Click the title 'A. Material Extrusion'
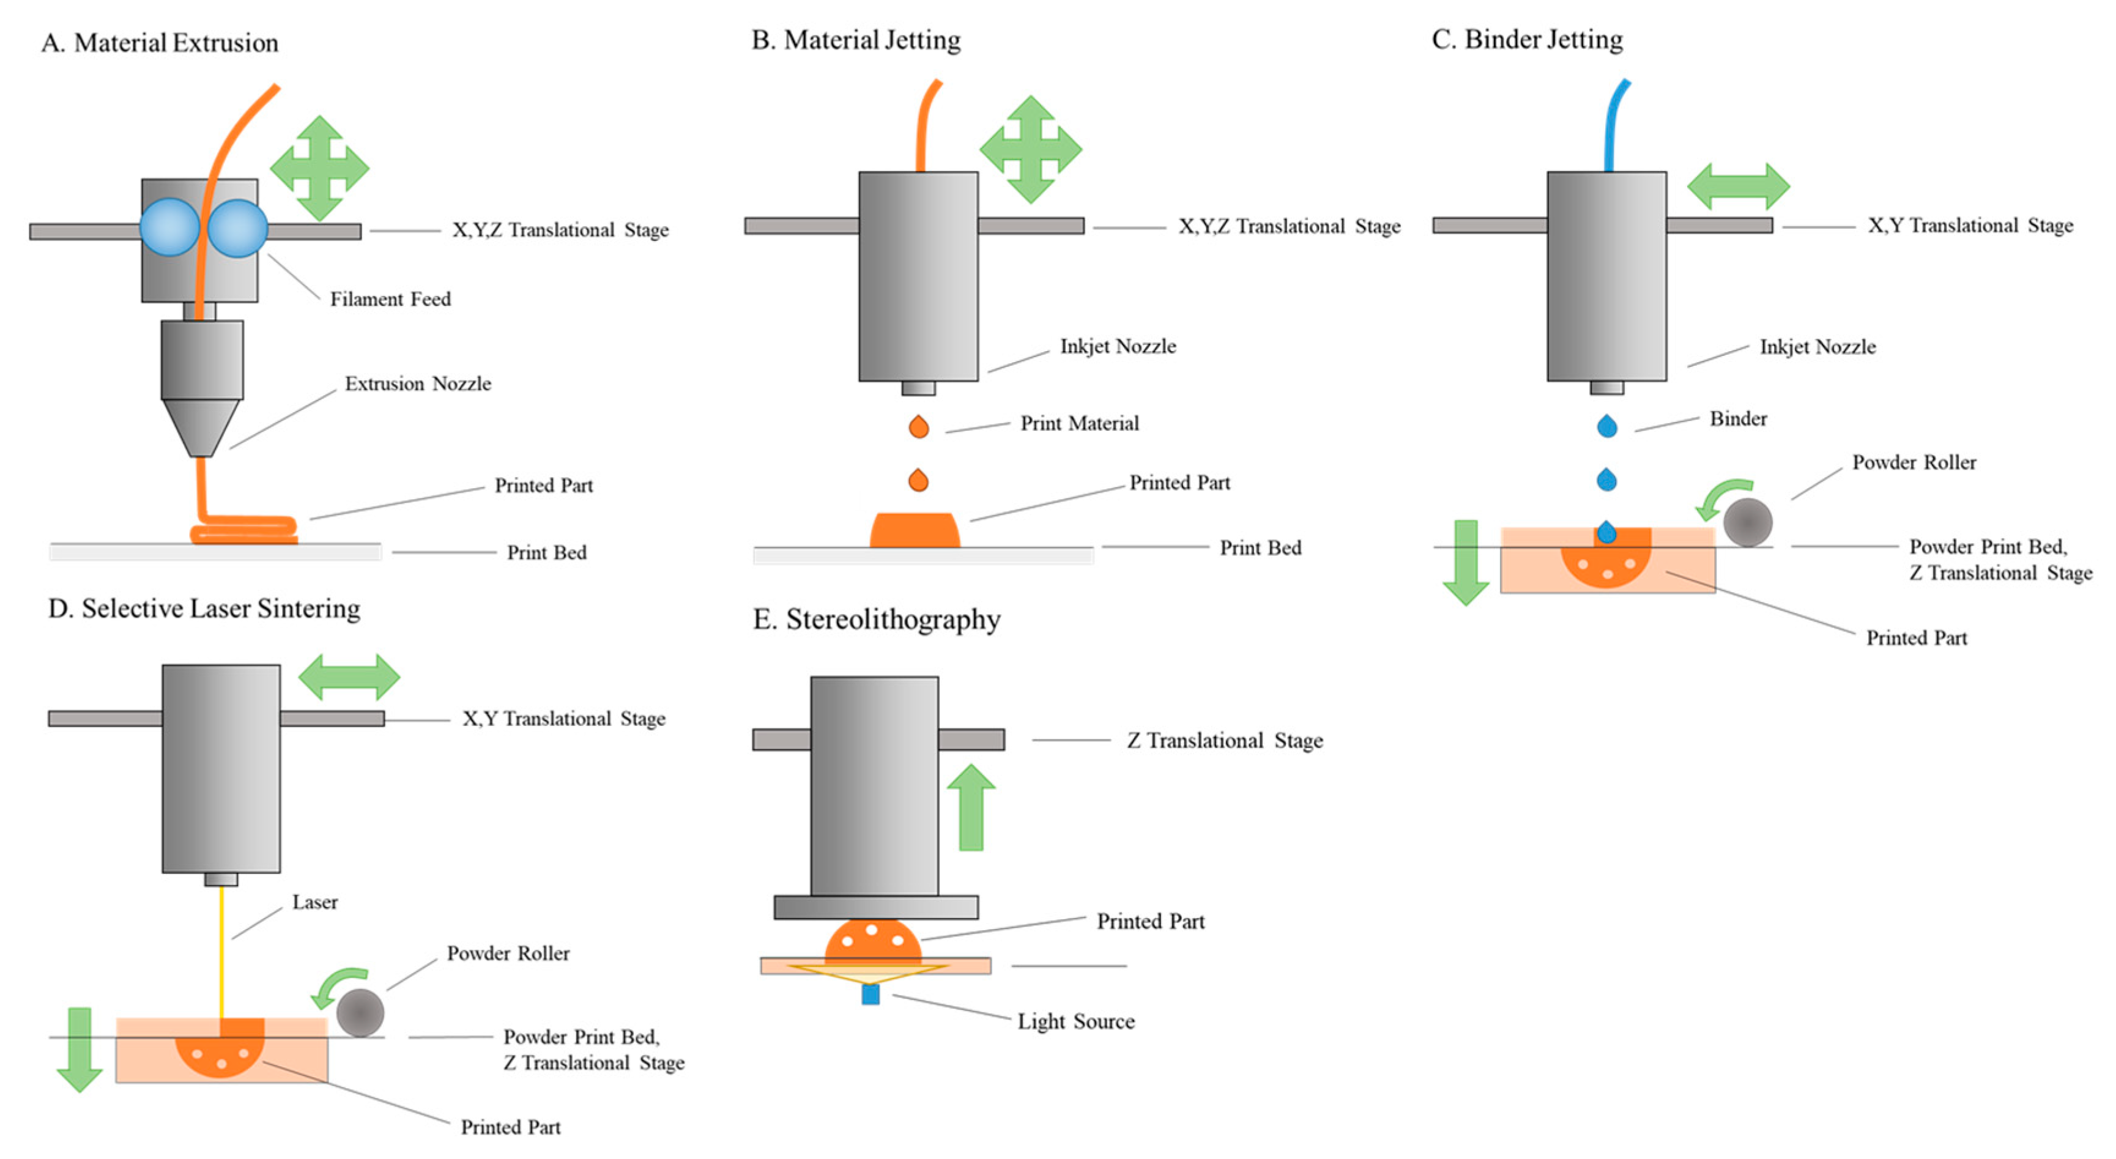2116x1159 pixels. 160,43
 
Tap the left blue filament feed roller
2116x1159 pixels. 169,228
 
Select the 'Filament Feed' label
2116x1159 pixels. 390,299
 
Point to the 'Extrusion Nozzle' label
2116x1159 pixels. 417,383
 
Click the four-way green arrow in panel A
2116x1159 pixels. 319,168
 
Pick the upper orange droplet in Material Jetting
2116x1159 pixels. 918,426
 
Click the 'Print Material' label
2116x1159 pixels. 1079,423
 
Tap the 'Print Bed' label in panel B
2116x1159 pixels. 1260,548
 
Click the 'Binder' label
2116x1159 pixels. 1738,419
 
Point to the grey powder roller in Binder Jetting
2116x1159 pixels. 1747,522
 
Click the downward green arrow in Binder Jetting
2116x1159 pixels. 1466,563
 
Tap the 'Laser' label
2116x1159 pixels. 314,902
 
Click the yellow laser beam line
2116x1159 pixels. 221,953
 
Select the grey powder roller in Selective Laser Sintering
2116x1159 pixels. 360,1013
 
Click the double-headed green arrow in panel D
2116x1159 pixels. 349,678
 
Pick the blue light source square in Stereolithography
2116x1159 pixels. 871,994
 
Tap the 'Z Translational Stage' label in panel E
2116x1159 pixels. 1225,741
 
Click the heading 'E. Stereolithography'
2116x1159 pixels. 877,620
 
